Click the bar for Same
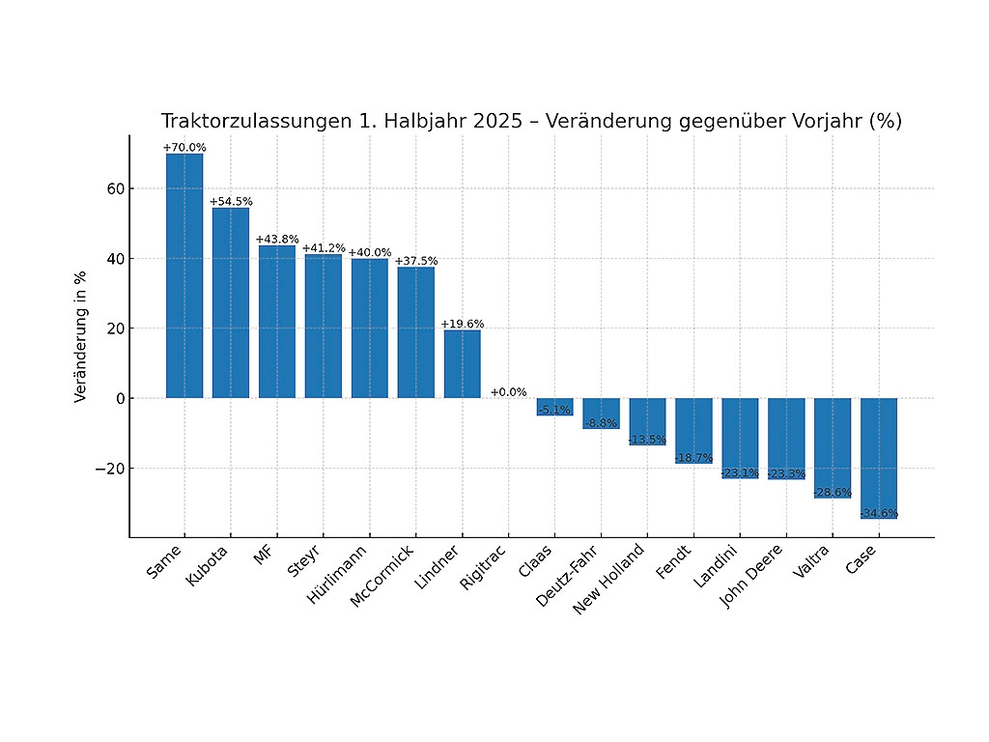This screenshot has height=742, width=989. (184, 276)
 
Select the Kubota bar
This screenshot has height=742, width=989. (231, 303)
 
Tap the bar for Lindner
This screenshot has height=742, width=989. (462, 364)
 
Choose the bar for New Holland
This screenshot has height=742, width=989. (647, 421)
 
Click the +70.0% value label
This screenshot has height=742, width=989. (184, 148)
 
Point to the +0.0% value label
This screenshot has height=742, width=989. (508, 392)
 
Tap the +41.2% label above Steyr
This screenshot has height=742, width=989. (324, 248)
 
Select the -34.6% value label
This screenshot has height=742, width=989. (879, 513)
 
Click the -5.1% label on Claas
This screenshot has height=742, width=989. (554, 409)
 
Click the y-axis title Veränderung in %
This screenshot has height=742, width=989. (81, 335)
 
